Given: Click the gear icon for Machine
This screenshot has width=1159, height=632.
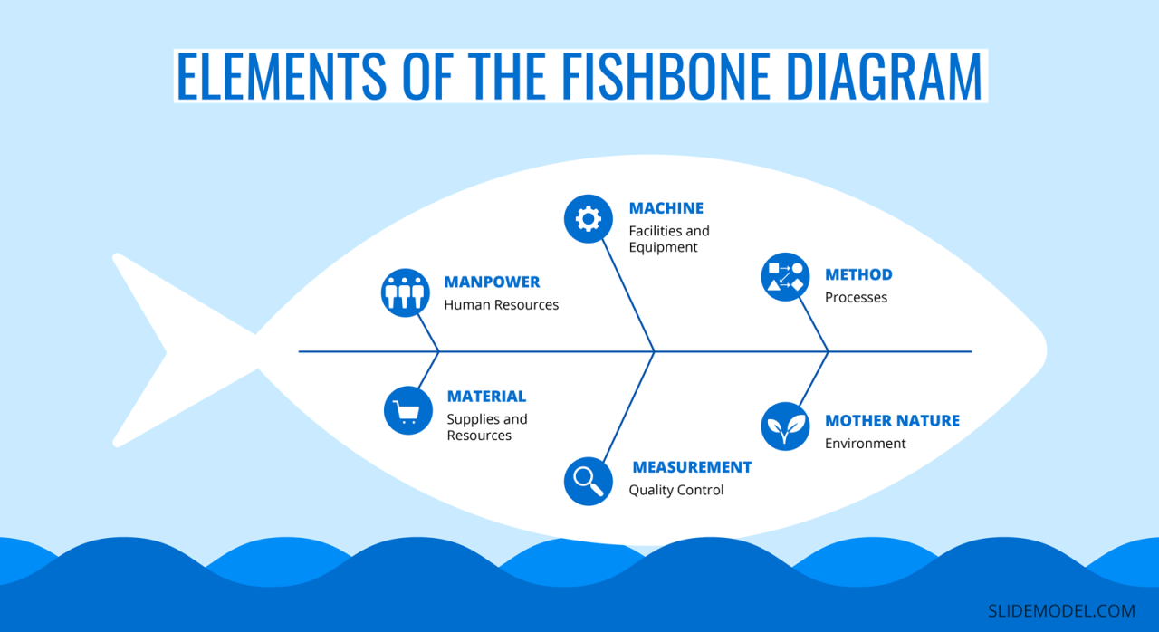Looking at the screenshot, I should click(588, 218).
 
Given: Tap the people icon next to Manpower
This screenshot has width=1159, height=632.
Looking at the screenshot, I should click(405, 292).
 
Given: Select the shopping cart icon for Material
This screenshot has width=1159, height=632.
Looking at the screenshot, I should click(407, 411).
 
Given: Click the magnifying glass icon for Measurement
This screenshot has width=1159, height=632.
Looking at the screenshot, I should click(588, 480).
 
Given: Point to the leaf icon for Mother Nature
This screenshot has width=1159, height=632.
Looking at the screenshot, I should click(785, 426).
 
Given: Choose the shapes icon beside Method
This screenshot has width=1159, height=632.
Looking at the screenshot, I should click(785, 276).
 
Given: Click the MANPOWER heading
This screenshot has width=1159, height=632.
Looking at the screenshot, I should click(492, 282).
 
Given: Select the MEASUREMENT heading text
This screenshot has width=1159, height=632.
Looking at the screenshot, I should click(692, 467).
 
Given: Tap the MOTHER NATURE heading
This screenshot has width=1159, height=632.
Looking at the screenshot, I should click(892, 421).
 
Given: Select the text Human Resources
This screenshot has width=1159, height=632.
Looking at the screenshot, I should click(501, 305).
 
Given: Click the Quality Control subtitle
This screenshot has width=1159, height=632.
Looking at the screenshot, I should click(676, 490).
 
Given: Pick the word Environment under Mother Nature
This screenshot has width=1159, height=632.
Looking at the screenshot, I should click(865, 444).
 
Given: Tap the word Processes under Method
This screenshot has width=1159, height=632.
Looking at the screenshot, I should click(856, 297).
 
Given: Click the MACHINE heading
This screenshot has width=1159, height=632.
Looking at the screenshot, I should click(666, 208).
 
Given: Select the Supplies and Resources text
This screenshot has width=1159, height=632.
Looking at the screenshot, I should click(487, 427).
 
